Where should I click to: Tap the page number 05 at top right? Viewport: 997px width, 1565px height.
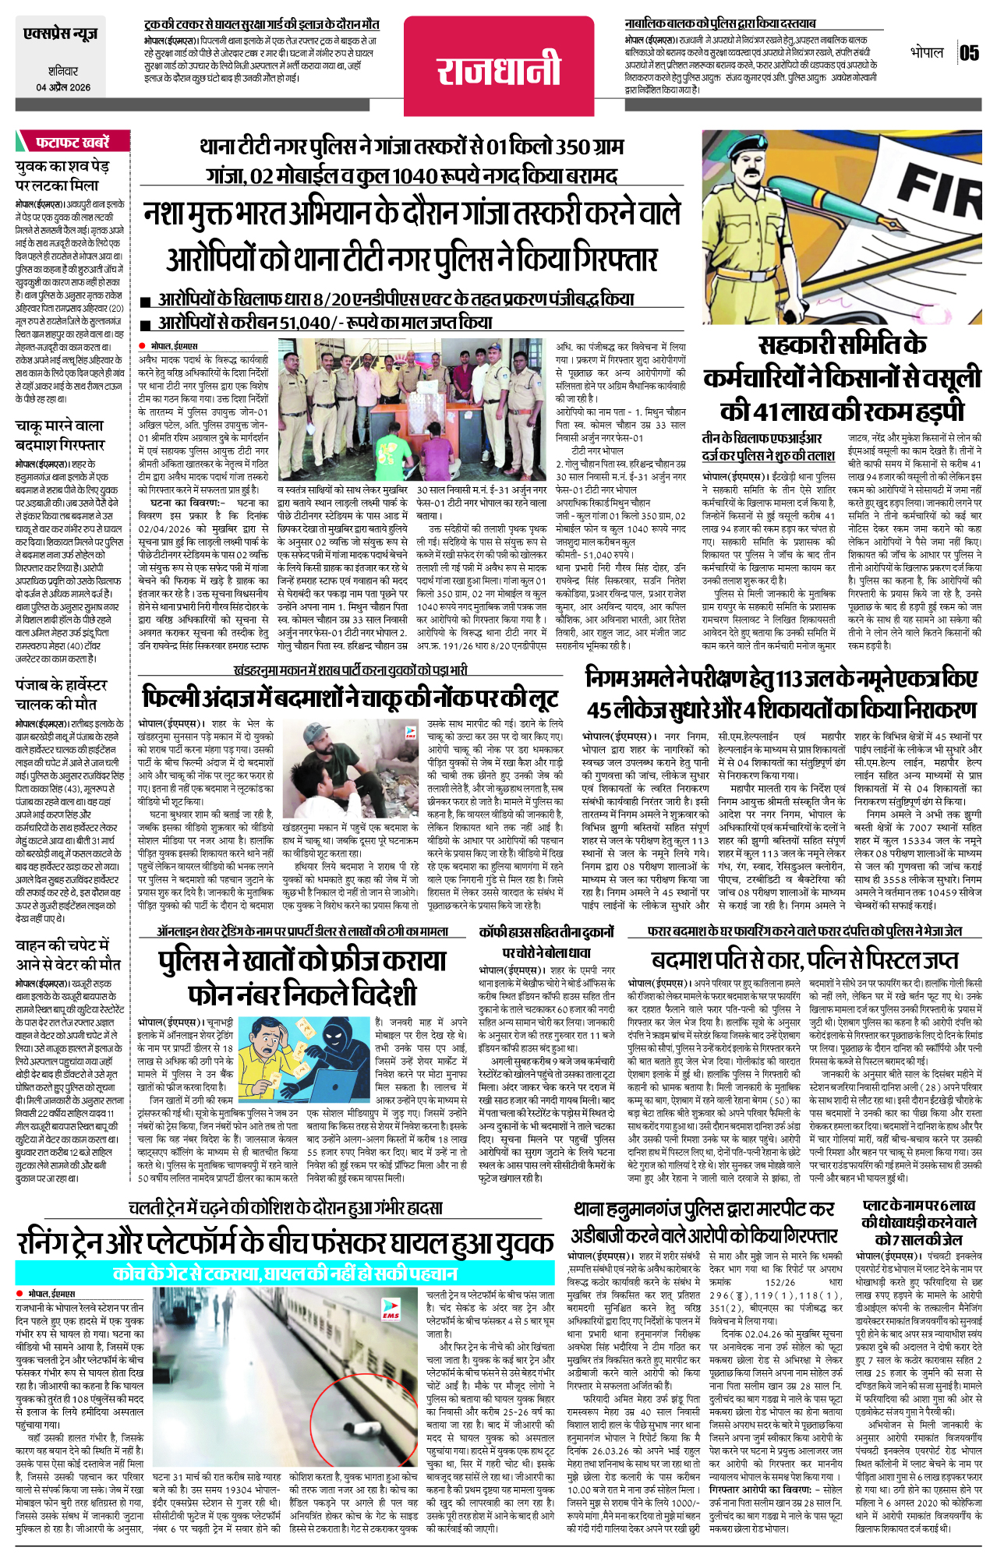tap(969, 53)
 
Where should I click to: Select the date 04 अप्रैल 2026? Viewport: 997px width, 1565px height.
tap(63, 88)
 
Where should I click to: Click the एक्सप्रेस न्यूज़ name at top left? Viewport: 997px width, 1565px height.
tap(61, 34)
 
